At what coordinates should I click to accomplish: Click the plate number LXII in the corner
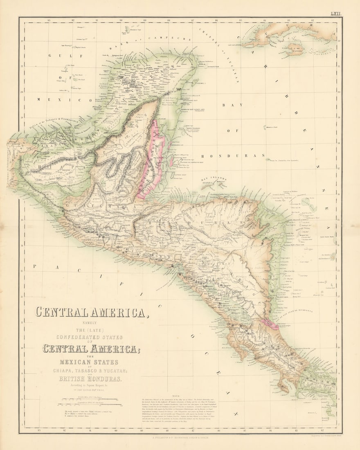(x=335, y=14)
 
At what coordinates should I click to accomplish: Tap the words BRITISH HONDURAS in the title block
(x=90, y=379)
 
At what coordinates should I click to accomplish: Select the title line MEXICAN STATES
(x=89, y=362)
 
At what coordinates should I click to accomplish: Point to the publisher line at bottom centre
(x=180, y=437)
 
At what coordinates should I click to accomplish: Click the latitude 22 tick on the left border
(x=22, y=40)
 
